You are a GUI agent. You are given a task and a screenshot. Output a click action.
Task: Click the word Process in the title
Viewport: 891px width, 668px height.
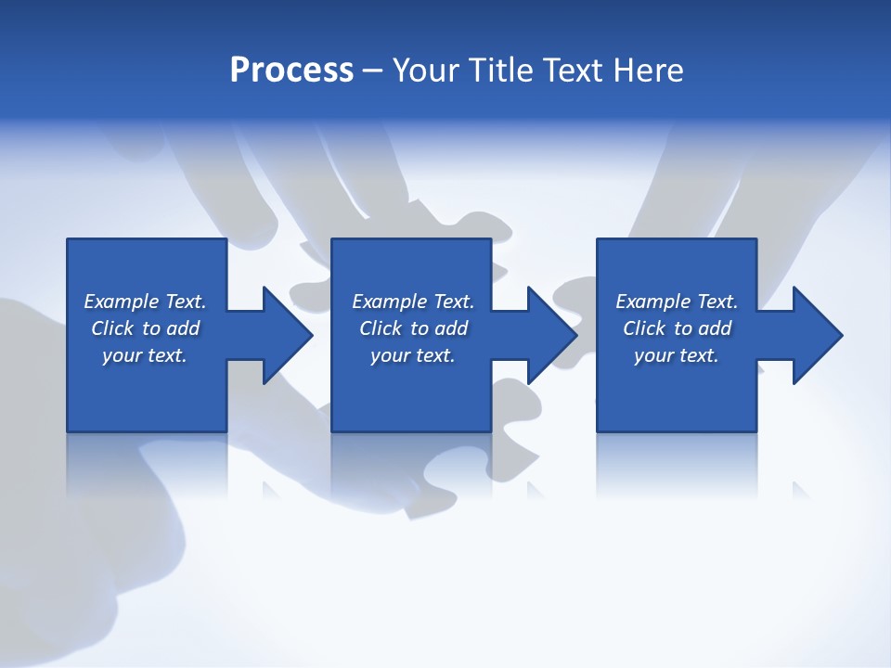[x=291, y=71]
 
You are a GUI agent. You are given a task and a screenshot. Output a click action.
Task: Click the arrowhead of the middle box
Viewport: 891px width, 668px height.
[x=550, y=335]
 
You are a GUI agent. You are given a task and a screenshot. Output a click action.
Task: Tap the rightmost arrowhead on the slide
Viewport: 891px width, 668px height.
[x=816, y=335]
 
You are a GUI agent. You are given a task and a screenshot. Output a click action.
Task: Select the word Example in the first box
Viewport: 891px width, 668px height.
[x=122, y=302]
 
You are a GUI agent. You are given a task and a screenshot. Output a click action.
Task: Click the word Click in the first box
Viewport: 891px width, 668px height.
[x=113, y=328]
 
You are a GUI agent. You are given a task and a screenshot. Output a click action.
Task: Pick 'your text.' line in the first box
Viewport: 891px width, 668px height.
[x=145, y=355]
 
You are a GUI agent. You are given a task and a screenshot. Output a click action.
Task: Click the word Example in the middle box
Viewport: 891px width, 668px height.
[x=390, y=302]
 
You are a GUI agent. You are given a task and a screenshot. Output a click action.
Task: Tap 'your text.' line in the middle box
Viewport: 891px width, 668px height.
[x=412, y=355]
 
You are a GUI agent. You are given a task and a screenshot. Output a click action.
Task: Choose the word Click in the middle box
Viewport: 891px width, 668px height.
[x=381, y=328]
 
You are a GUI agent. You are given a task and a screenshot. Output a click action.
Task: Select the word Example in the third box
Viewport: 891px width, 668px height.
[x=653, y=302]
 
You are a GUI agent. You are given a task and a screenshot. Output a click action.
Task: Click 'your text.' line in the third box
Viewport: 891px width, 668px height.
[x=677, y=355]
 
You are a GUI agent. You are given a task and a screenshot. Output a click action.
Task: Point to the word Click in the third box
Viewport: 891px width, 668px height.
[x=645, y=328]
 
